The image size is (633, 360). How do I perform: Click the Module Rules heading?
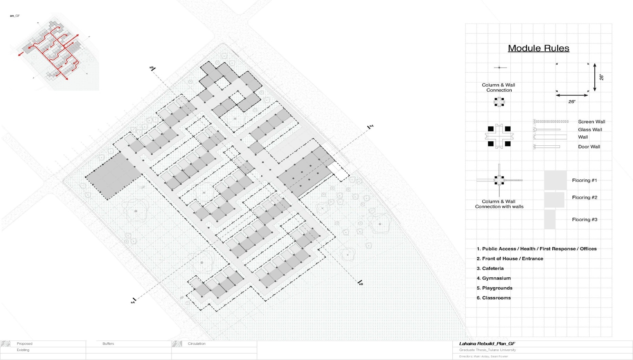pyautogui.click(x=538, y=48)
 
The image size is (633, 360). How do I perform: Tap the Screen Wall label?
pyautogui.click(x=591, y=122)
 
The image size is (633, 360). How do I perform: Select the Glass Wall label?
pyautogui.click(x=590, y=130)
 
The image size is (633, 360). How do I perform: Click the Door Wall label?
pyautogui.click(x=589, y=147)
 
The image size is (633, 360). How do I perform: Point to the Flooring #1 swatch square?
pyautogui.click(x=555, y=180)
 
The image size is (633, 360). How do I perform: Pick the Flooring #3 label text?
pyautogui.click(x=584, y=219)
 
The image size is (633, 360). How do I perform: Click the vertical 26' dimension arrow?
pyautogui.click(x=595, y=78)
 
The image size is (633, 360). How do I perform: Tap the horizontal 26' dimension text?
pyautogui.click(x=572, y=102)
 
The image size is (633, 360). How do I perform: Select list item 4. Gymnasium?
pyautogui.click(x=493, y=278)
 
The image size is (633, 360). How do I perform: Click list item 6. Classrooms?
pyautogui.click(x=493, y=298)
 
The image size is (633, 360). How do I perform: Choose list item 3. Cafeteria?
pyautogui.click(x=490, y=268)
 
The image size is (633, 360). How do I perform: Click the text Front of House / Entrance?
pyautogui.click(x=512, y=258)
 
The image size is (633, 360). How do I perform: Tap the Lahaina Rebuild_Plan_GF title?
pyautogui.click(x=487, y=343)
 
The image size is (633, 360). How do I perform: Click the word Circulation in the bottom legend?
pyautogui.click(x=196, y=343)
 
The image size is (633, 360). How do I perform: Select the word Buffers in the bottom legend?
pyautogui.click(x=108, y=343)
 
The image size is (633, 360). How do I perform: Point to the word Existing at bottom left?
pyautogui.click(x=23, y=350)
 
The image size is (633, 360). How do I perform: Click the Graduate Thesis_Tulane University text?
pyautogui.click(x=487, y=350)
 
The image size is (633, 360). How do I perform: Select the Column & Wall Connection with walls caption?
pyautogui.click(x=499, y=204)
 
